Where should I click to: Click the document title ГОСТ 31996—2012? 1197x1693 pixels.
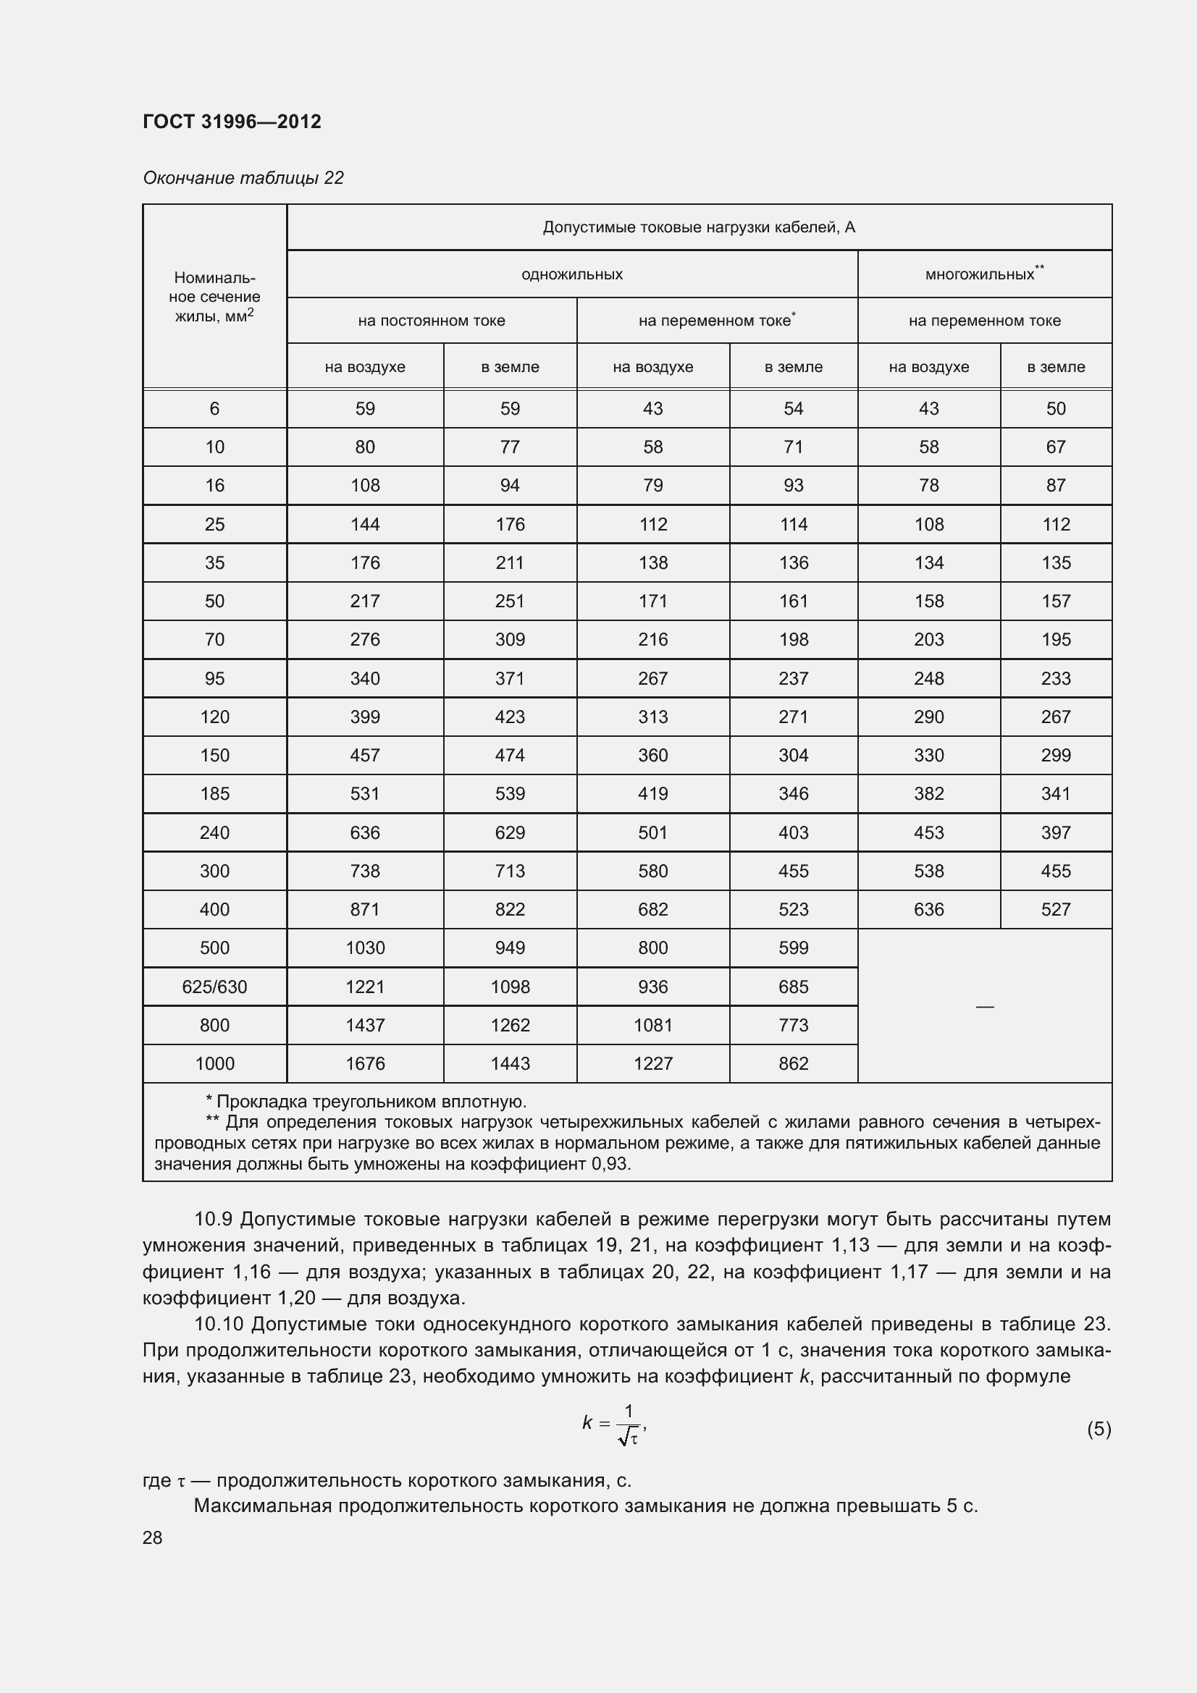(x=232, y=122)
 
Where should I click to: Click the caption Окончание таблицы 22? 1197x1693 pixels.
(x=243, y=178)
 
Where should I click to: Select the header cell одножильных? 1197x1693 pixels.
(x=571, y=274)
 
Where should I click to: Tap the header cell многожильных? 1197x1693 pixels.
(x=983, y=274)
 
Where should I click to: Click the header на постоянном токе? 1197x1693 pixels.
(x=432, y=321)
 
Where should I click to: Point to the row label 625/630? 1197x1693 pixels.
(x=214, y=987)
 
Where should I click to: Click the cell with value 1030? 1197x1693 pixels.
(x=365, y=947)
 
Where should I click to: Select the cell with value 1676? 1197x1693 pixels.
(x=365, y=1063)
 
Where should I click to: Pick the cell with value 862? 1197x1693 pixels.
(x=793, y=1063)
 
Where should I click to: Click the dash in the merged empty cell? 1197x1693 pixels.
(x=985, y=1007)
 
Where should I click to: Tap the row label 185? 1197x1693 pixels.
(x=214, y=793)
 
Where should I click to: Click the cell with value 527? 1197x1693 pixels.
(x=1055, y=909)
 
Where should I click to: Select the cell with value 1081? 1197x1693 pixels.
(x=652, y=1025)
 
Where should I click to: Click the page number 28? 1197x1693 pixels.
(x=153, y=1537)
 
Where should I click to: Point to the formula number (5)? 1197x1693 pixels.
(x=1099, y=1429)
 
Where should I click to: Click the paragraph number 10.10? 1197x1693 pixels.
(x=217, y=1324)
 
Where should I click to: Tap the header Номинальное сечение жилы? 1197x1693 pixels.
(x=214, y=297)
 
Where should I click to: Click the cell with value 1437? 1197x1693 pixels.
(x=365, y=1025)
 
